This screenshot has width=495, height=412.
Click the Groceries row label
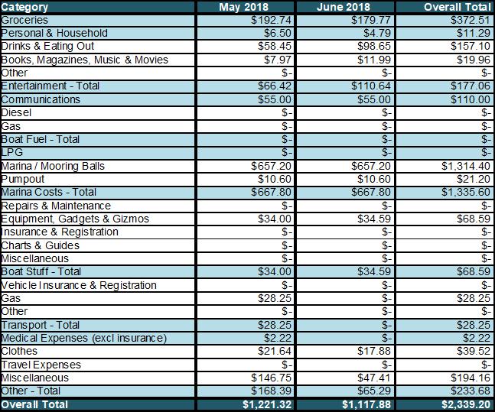pos(25,20)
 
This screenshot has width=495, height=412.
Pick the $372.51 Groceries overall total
pos(467,20)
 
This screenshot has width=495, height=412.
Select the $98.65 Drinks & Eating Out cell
pos(373,47)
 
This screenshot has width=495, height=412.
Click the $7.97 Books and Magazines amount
pos(278,60)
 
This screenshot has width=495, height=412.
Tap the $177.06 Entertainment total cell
pos(467,86)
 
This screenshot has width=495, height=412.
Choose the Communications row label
pos(41,99)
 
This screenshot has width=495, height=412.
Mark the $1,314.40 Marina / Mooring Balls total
pos(463,166)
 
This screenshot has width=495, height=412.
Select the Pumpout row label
pos(24,179)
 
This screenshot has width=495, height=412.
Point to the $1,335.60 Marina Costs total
pos(463,192)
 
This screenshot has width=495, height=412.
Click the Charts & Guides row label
pos(40,245)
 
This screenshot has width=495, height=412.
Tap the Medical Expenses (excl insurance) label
pos(83,338)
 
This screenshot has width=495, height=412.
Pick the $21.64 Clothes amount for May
pos(276,351)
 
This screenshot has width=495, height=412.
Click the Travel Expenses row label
pos(41,365)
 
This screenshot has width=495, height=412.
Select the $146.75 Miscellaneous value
pos(273,378)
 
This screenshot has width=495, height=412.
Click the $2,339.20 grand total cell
pos(463,404)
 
